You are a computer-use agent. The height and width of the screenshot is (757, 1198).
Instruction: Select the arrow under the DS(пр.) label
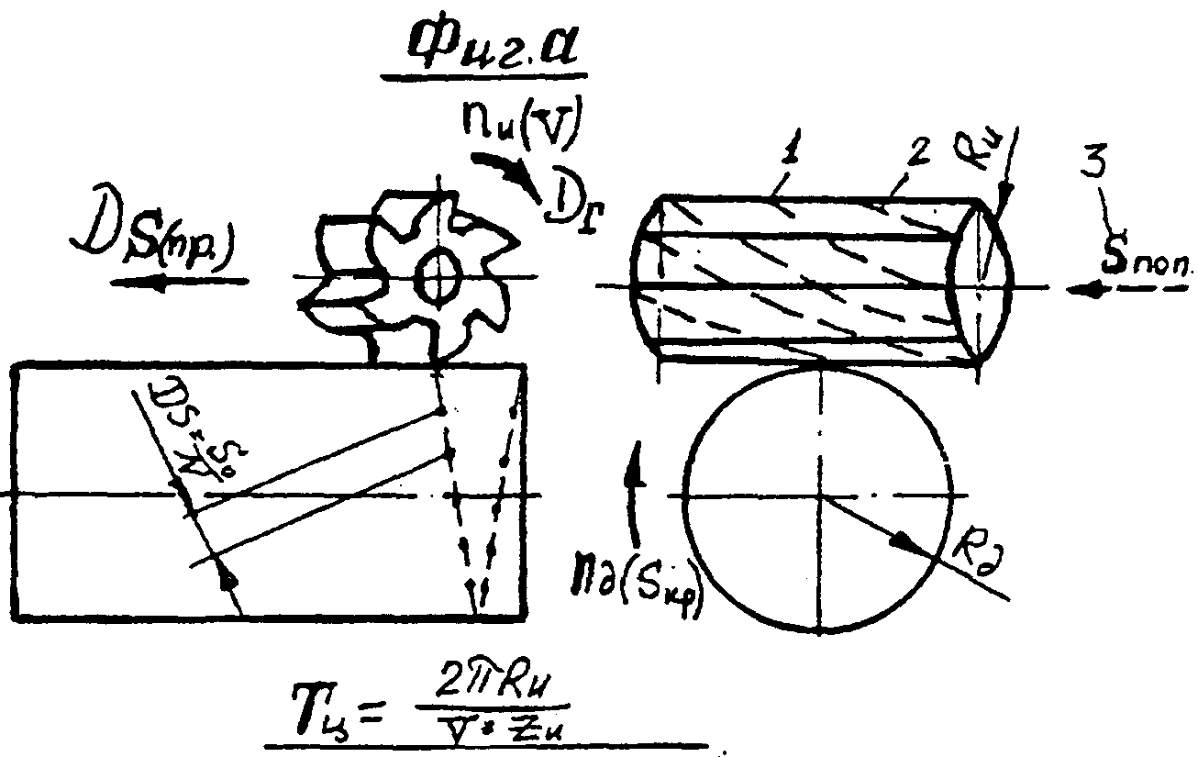178,284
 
